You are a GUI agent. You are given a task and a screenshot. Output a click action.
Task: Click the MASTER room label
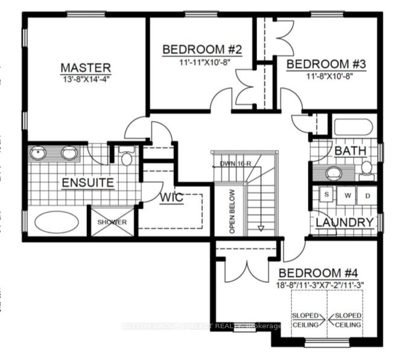85,67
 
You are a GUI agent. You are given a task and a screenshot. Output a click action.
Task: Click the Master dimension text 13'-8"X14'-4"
85,79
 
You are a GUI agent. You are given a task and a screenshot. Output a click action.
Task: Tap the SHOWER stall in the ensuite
112,222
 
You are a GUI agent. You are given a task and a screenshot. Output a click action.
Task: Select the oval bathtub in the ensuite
56,222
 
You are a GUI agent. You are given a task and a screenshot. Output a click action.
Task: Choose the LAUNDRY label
344,222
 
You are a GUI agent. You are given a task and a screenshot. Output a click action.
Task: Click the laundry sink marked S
327,195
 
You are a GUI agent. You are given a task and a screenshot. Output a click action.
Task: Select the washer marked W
348,195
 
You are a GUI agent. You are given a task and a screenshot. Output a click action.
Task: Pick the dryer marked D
367,195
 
